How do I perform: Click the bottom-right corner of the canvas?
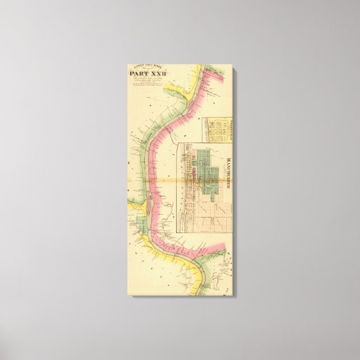tap(235, 296)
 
